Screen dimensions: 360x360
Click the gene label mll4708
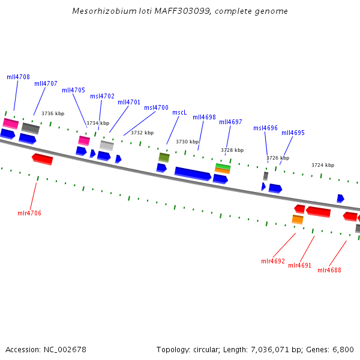[x=18, y=77]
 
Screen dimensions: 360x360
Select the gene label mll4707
[x=46, y=83]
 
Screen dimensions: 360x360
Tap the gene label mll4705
[x=73, y=90]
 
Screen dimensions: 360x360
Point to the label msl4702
[x=102, y=96]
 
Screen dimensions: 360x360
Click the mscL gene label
[x=179, y=112]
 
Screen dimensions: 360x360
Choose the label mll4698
[x=204, y=117]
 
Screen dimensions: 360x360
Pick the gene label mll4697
[x=230, y=122]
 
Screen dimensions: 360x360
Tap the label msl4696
[x=265, y=128]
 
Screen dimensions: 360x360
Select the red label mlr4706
[x=29, y=213]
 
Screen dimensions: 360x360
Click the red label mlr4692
[x=273, y=261]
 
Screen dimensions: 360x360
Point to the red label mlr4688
[x=329, y=270]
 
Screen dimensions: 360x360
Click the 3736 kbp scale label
[x=53, y=113]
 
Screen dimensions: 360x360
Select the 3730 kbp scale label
[x=187, y=142]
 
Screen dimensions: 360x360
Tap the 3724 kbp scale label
[x=323, y=165]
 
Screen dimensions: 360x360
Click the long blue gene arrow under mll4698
[x=193, y=173]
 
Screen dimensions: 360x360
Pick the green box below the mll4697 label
[x=223, y=167]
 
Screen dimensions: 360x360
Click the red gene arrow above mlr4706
[x=43, y=159]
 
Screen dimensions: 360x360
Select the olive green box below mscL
[x=164, y=157]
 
